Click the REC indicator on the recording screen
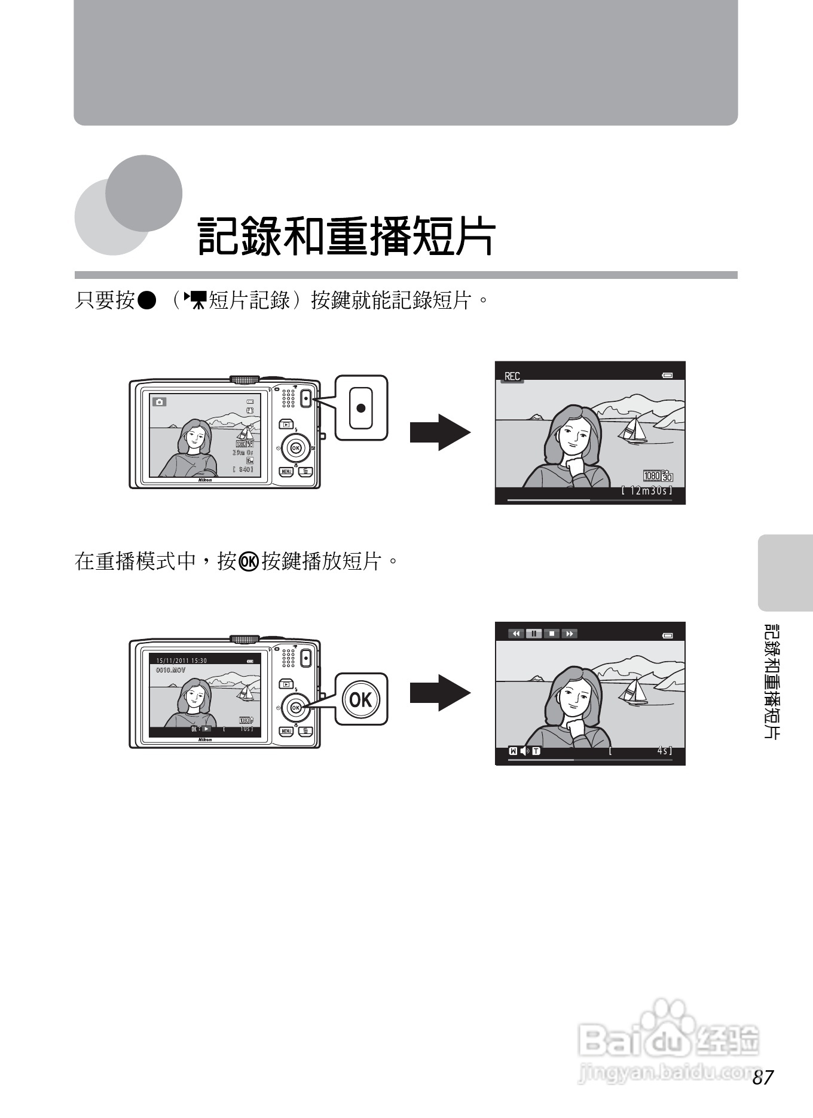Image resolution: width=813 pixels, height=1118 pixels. click(512, 376)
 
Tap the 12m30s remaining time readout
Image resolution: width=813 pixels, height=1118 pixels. click(647, 491)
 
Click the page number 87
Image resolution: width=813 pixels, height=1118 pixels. click(763, 1077)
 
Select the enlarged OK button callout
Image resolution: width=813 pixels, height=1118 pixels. click(360, 699)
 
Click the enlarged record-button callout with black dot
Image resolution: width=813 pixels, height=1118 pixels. click(360, 408)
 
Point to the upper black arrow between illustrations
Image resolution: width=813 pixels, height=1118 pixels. click(440, 432)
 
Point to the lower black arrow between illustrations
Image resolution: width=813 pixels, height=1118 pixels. click(440, 693)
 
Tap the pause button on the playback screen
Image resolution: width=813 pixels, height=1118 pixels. click(534, 634)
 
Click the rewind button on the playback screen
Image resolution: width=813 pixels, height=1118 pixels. click(516, 634)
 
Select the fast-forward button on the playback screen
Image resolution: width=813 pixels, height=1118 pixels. click(569, 634)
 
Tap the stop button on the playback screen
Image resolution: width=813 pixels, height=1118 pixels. click(552, 634)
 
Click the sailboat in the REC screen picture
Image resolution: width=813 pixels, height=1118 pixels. click(634, 429)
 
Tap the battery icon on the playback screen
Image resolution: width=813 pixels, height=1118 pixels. click(668, 635)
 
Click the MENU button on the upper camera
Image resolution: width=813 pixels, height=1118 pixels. click(286, 472)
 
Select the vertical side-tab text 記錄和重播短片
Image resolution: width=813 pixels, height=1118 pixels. click(772, 681)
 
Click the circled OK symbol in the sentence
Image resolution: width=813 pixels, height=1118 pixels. click(248, 562)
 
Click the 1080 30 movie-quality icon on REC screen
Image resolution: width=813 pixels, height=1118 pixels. click(658, 476)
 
